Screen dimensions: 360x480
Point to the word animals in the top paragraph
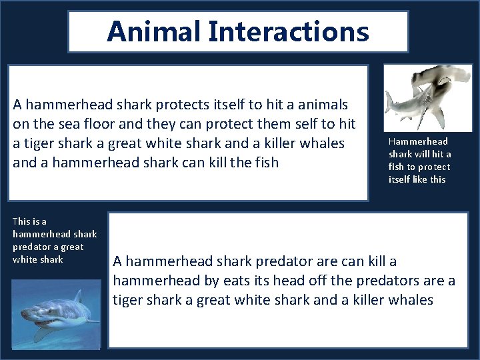click(322, 105)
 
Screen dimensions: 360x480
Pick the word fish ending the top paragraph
click(265, 162)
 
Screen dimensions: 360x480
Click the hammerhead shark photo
click(428, 97)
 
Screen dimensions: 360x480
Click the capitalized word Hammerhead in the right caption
click(418, 141)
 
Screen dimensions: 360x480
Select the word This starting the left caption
click(21, 221)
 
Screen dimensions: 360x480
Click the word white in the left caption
click(25, 259)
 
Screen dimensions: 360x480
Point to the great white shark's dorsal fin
click(77, 296)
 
